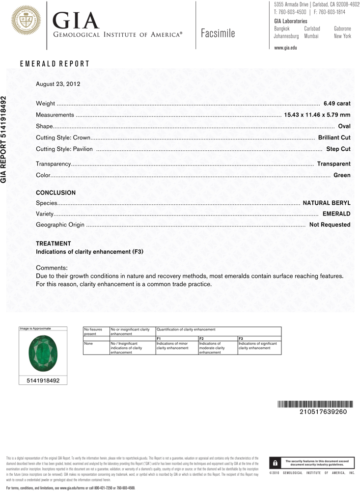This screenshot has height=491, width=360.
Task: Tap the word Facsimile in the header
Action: [x=218, y=33]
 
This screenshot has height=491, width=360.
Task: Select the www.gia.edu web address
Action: [x=285, y=48]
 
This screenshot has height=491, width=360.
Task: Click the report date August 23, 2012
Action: [x=58, y=84]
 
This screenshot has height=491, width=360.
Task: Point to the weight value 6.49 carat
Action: [x=337, y=104]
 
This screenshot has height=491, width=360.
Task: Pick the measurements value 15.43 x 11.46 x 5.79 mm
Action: [x=317, y=115]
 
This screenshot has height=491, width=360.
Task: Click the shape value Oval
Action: [x=344, y=126]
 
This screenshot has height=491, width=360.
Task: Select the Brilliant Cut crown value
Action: [x=334, y=137]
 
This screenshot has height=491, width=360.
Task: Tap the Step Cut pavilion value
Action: [x=338, y=149]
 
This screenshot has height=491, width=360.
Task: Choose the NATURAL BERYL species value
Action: [x=326, y=202]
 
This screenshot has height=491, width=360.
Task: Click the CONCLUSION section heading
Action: [x=55, y=193]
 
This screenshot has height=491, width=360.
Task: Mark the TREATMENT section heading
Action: [x=53, y=244]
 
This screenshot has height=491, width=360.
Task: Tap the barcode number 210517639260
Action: [x=323, y=411]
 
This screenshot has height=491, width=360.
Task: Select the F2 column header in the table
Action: [x=201, y=339]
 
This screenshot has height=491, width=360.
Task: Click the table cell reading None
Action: [x=89, y=344]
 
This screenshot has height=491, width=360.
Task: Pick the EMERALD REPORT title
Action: [x=55, y=64]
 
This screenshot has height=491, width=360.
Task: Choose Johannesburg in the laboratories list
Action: [x=286, y=36]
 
